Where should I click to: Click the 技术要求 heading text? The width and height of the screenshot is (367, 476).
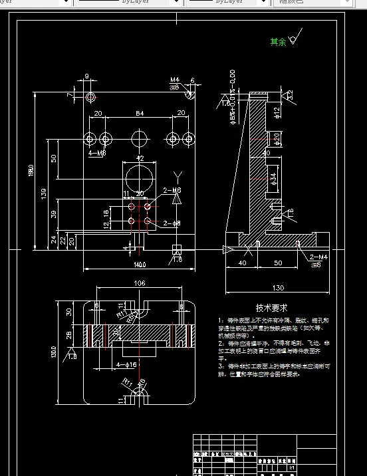(271, 308)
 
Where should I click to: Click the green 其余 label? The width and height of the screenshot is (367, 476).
(277, 42)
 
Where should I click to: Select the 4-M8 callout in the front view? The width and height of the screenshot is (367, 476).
(97, 154)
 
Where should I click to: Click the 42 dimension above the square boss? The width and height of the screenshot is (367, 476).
(140, 158)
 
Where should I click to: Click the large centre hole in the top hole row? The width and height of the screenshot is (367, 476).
(140, 139)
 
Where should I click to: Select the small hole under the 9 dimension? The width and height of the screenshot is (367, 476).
(90, 97)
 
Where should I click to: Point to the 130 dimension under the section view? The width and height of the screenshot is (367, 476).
(277, 288)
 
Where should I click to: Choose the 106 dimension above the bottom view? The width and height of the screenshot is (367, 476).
(139, 284)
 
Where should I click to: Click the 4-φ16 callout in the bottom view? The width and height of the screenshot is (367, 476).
(126, 365)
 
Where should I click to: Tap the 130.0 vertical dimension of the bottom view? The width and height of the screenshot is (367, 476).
(54, 350)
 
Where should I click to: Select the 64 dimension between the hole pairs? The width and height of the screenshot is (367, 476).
(140, 114)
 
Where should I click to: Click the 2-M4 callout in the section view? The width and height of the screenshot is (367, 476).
(318, 257)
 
